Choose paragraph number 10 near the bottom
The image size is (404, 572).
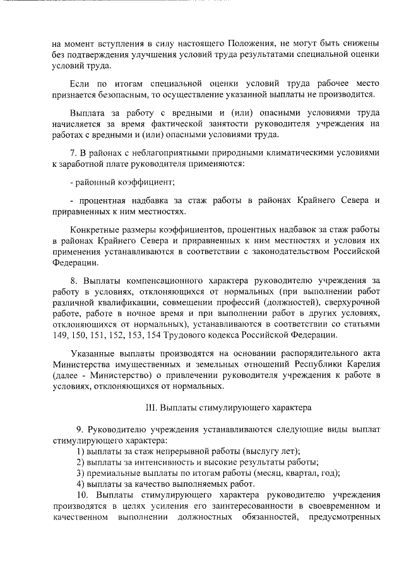click(82, 494)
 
